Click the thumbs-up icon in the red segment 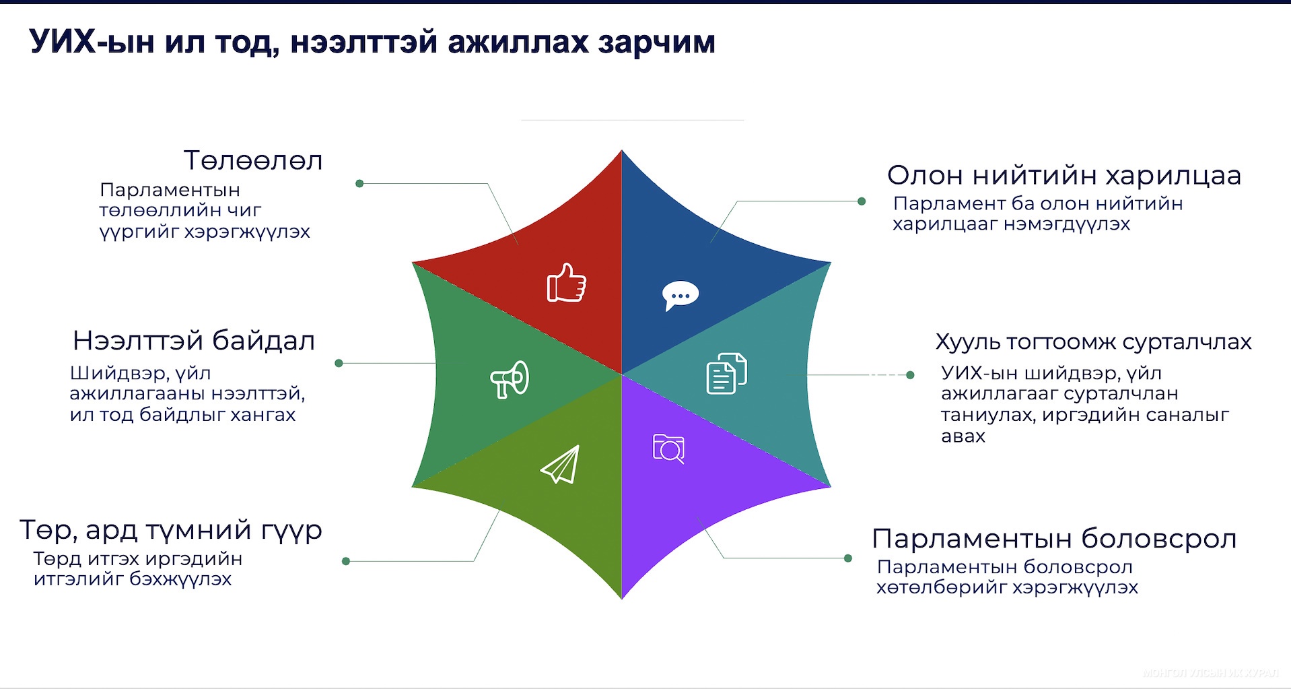coord(566,282)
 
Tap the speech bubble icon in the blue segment coord(681,296)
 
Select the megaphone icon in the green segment coord(510,379)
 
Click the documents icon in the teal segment coord(727,373)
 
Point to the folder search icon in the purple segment coord(669,449)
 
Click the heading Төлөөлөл coord(253,161)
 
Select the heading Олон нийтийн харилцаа coord(1064,175)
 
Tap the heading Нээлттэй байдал coord(194,341)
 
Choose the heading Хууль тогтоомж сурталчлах coord(1094,342)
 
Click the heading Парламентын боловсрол coord(1054,539)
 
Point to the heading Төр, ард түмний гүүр coord(171,531)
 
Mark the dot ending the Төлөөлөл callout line coord(359,183)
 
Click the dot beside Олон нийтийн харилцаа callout coord(862,201)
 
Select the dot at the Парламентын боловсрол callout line coord(848,558)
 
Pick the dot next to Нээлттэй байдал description coord(339,363)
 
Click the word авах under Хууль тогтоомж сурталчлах coord(963,436)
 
